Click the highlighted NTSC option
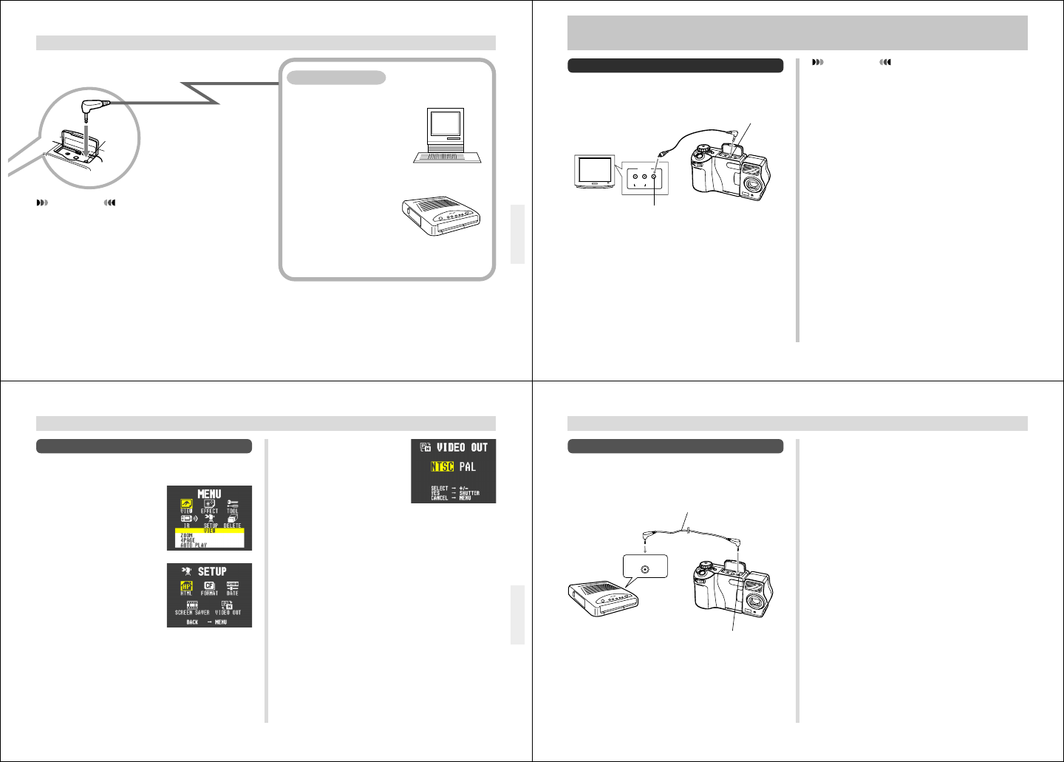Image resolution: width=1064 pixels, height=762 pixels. pos(442,467)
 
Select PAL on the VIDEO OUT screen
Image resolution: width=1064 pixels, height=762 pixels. pos(468,467)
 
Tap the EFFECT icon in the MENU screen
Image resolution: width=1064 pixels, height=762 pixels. pos(209,506)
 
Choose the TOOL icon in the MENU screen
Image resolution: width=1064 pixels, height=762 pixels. pos(233,506)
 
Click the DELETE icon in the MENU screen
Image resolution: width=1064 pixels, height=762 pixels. pos(232,520)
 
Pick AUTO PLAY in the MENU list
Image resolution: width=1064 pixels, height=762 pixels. pos(194,545)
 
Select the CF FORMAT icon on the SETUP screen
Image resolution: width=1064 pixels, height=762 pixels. pos(209,588)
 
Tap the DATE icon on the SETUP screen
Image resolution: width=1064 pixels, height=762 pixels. pos(233,588)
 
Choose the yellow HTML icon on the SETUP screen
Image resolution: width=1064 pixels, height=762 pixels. pos(186,588)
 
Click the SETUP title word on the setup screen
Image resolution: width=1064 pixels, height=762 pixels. pos(212,572)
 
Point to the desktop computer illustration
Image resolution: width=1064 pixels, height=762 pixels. pos(446,135)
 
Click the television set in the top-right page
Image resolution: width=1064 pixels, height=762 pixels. pos(595,172)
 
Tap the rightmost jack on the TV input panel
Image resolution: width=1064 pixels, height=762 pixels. pos(654,177)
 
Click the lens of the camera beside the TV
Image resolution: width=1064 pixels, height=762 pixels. pos(754,182)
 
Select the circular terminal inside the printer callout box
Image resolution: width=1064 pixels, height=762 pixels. pos(646,569)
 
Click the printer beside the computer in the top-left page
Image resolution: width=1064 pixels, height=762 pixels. pos(442,217)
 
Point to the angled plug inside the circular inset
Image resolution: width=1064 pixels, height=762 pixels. pos(92,109)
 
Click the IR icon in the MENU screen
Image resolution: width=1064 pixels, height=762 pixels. pos(187,520)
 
